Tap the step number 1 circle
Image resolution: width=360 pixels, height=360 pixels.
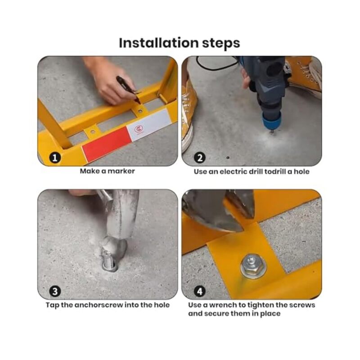coord(55,157)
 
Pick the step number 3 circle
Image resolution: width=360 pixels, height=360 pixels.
coord(55,291)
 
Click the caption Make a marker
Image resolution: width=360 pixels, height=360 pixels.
coord(107,171)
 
